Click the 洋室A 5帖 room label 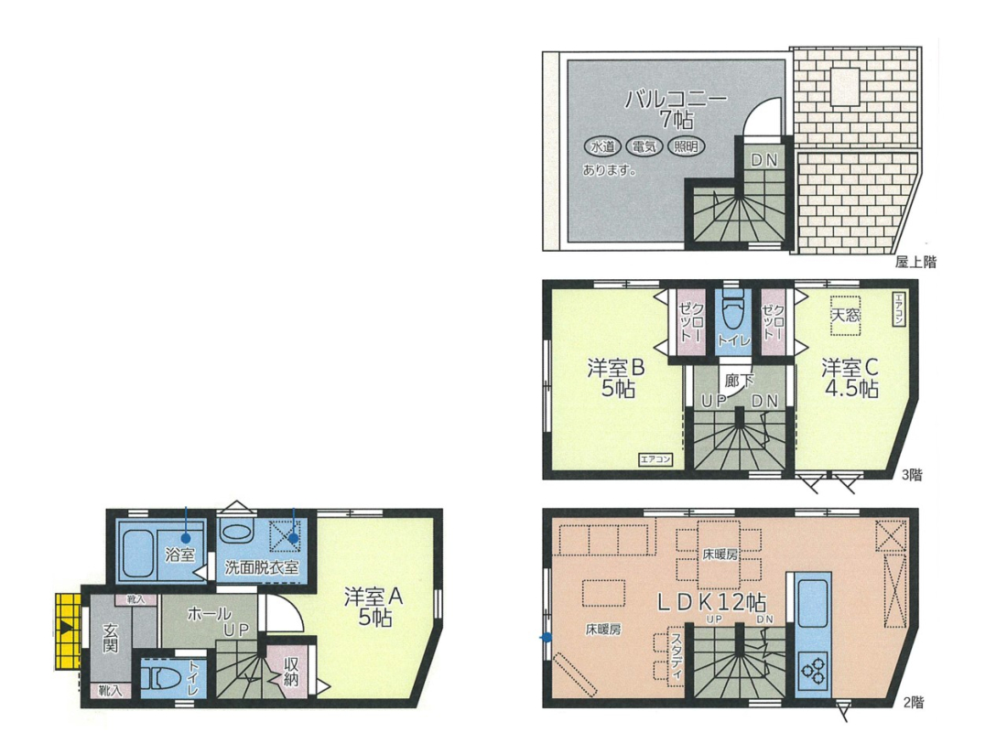[374, 607]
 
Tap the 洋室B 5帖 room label [616, 378]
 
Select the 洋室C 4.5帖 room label [850, 378]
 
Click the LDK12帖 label [711, 602]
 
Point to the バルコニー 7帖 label [677, 109]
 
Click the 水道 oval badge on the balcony [602, 147]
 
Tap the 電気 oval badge [644, 147]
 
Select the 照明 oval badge [686, 147]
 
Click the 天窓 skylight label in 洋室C [845, 315]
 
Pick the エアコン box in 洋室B [655, 459]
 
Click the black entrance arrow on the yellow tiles [66, 628]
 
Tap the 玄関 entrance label [111, 637]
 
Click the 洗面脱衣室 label [262, 567]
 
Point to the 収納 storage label [291, 672]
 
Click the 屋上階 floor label [915, 262]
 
